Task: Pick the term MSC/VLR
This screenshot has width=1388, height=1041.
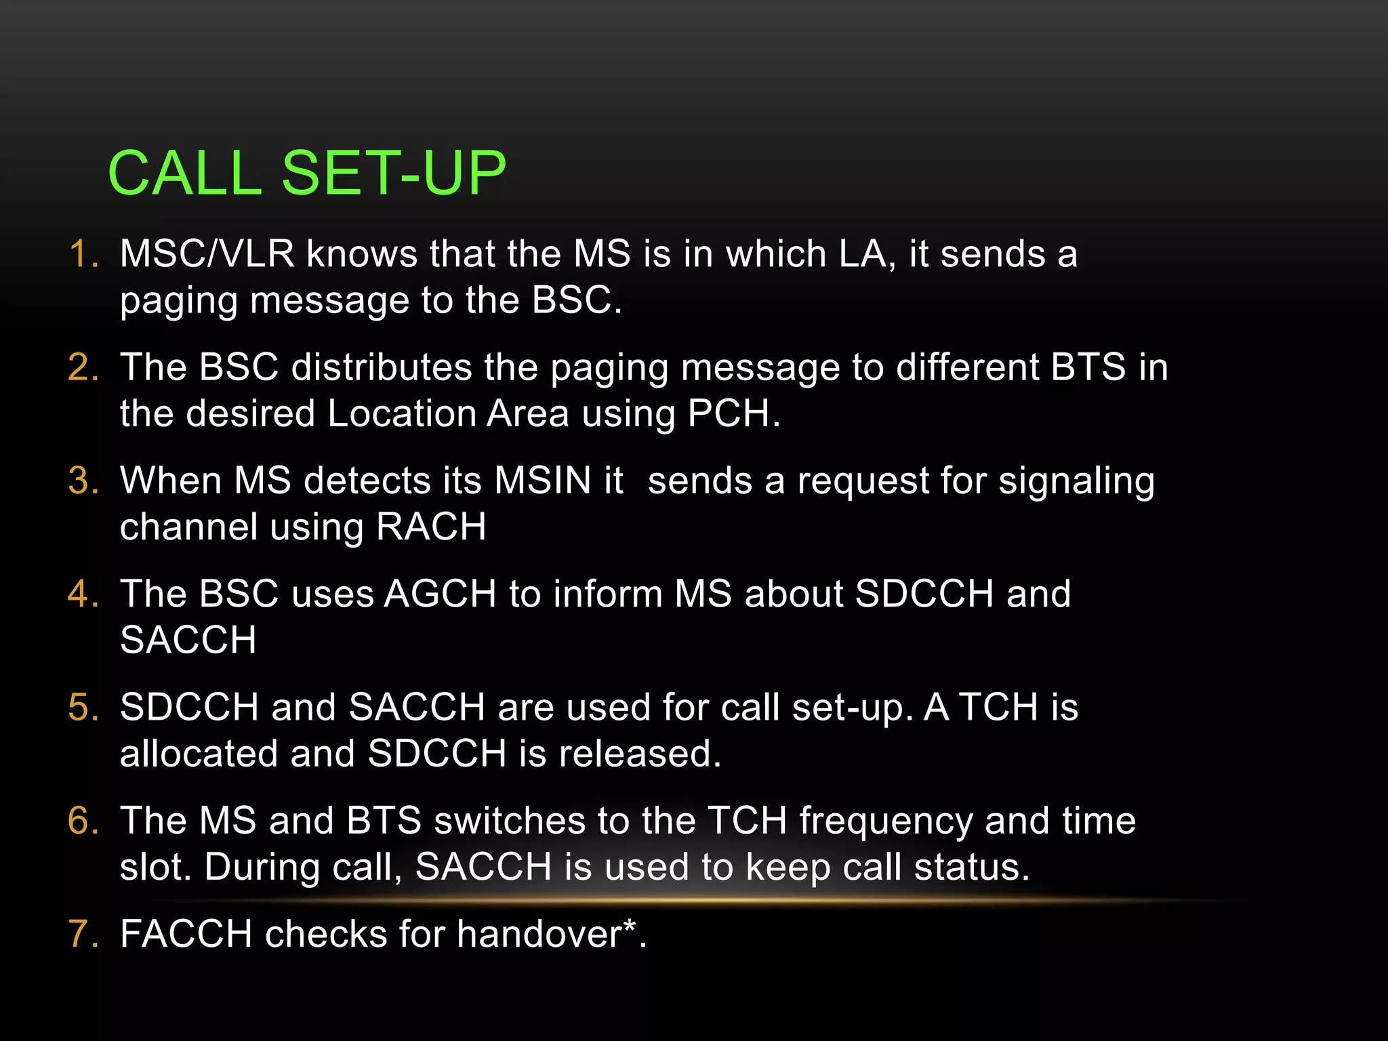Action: click(x=207, y=254)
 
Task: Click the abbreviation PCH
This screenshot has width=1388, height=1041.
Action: click(x=729, y=413)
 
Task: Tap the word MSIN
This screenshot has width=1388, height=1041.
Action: click(x=543, y=481)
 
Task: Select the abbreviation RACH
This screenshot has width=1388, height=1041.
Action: click(x=431, y=527)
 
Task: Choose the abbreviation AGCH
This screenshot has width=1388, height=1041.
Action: click(x=441, y=594)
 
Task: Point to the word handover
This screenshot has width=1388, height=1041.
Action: click(x=539, y=934)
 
